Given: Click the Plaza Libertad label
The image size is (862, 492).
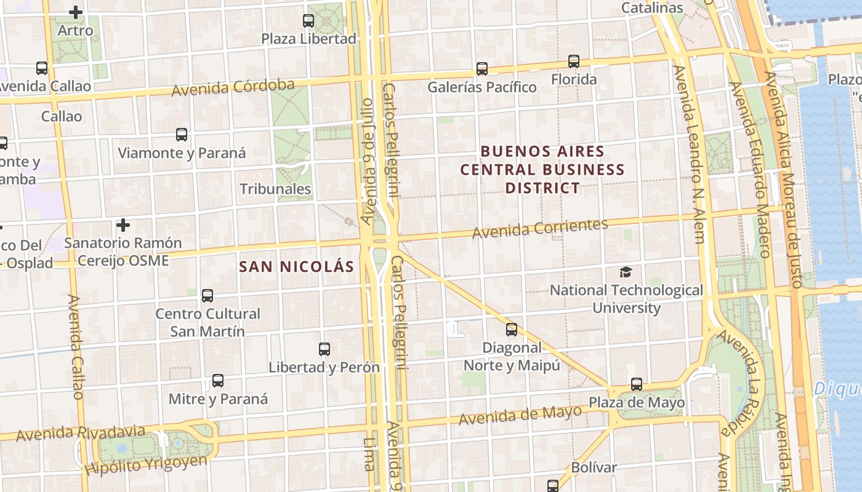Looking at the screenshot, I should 308,39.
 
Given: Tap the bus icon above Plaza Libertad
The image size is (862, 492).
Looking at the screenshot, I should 308,21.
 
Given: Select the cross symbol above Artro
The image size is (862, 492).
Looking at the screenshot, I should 76,12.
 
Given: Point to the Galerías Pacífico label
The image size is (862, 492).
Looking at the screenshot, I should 482,87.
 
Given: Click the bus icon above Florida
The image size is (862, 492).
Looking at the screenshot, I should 574,61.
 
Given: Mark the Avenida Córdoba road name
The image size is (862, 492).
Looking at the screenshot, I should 233,87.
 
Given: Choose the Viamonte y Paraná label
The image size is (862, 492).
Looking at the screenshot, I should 182,153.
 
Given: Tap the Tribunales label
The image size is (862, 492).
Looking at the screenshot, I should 275,189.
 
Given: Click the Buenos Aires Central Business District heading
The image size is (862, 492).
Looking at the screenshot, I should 542,169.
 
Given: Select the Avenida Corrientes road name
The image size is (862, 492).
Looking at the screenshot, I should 540,228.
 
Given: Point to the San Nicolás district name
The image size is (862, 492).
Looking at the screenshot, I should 297,266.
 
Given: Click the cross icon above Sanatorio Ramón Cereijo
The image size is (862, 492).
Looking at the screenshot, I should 123,225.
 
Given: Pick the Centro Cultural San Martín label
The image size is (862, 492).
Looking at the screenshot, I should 207,322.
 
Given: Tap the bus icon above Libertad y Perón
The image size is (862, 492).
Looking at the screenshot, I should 324,349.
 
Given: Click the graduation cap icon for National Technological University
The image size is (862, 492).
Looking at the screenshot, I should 626,272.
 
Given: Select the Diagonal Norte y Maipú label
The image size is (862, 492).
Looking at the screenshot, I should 512,357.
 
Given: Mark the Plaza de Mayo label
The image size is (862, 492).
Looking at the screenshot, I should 637,403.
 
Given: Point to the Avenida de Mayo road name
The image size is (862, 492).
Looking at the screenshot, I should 520,416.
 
